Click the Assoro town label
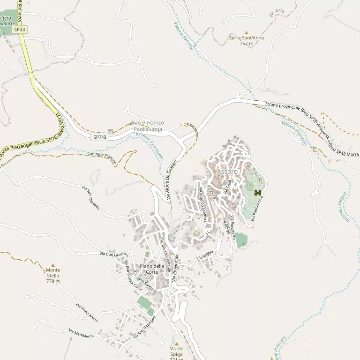(x=227, y=172)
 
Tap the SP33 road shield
(x=20, y=29)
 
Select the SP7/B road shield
(x=100, y=137)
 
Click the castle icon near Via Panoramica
(x=257, y=193)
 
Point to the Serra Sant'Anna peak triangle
(x=246, y=32)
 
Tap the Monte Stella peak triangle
(x=52, y=265)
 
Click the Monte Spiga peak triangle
(x=176, y=344)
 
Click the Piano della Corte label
(x=152, y=269)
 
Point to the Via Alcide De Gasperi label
(x=172, y=180)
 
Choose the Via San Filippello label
(x=91, y=197)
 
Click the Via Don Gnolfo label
(x=113, y=254)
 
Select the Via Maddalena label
(x=81, y=333)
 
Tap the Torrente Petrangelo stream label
(x=150, y=146)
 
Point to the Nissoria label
(x=277, y=13)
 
